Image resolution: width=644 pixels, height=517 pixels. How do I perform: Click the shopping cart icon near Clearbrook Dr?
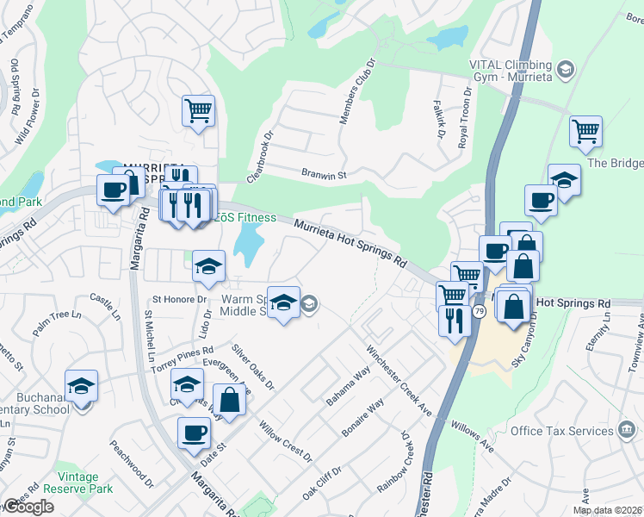click(198, 110)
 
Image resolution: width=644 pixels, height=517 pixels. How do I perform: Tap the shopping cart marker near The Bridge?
click(585, 132)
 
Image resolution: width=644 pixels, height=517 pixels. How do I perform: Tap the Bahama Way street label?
click(348, 386)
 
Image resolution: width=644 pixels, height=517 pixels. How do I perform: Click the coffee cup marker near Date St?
click(194, 432)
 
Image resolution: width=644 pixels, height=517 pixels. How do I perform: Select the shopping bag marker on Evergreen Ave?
click(229, 399)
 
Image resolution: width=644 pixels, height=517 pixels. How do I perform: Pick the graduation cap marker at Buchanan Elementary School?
click(81, 385)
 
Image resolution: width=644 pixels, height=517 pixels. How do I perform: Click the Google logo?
click(28, 507)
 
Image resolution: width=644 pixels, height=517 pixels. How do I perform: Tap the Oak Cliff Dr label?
click(322, 484)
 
